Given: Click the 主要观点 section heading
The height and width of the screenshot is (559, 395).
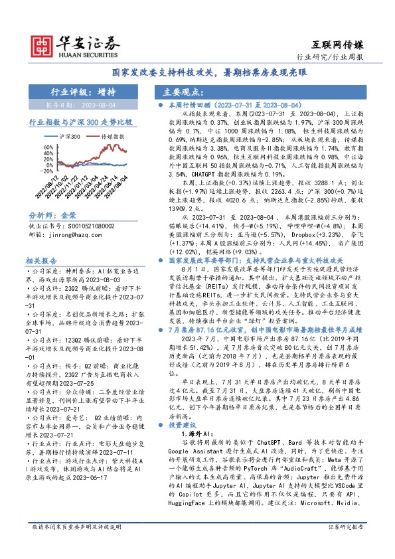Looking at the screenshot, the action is pos(182,93).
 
